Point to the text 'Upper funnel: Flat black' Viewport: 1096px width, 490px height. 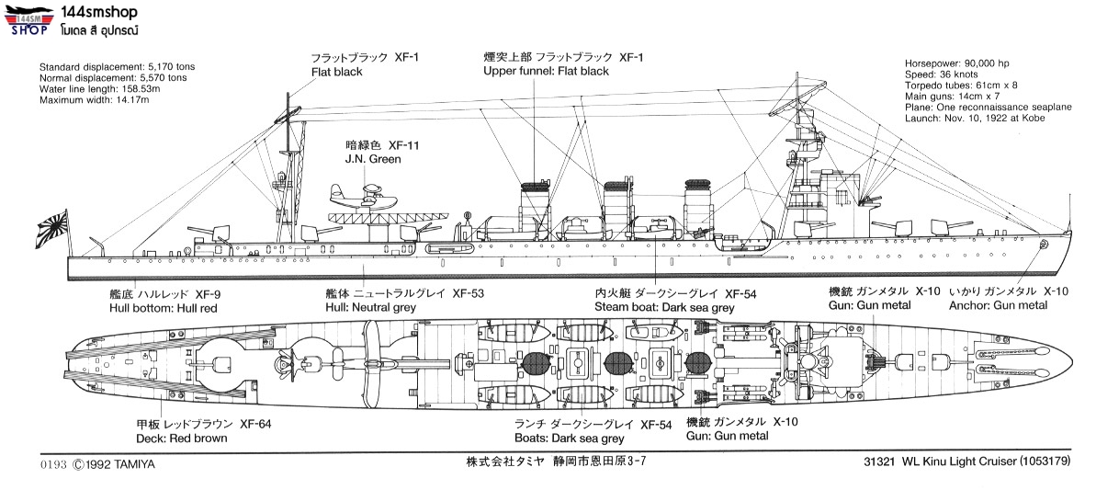546,71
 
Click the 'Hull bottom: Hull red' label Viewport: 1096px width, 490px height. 163,308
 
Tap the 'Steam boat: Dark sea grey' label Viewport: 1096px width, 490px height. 663,308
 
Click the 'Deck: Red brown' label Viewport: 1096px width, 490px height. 181,438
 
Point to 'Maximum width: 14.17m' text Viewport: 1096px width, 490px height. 94,99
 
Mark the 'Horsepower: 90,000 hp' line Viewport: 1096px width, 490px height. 956,63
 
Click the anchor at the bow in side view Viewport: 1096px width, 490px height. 1045,245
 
